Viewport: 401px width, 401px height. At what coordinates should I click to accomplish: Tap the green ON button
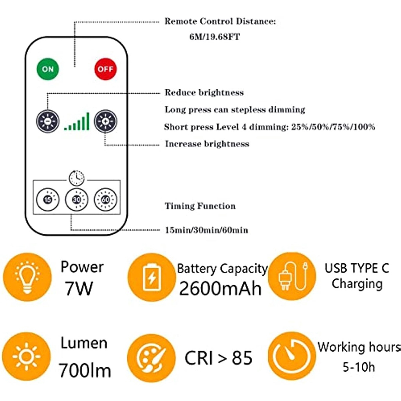point(47,69)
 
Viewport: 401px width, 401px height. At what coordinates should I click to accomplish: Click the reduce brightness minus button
point(47,121)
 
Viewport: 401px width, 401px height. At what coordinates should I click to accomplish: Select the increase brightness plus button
point(105,121)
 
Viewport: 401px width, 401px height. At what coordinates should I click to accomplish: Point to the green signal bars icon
point(77,121)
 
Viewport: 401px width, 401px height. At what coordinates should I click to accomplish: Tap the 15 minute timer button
point(47,199)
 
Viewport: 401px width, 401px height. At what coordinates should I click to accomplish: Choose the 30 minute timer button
point(76,199)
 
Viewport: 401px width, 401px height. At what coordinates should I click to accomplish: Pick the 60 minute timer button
point(105,199)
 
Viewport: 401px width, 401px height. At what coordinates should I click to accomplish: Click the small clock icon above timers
point(76,178)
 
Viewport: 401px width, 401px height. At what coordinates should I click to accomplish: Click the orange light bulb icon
point(27,277)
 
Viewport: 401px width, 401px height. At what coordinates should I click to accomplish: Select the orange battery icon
point(152,277)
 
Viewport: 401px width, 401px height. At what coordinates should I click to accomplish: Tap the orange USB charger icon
point(292,276)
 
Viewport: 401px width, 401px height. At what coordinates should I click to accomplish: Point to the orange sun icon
point(26,356)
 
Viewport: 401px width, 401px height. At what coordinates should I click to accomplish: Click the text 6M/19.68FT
point(215,37)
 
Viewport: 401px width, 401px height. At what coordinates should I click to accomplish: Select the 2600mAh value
point(220,289)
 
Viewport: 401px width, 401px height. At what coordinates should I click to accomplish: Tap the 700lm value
point(85,370)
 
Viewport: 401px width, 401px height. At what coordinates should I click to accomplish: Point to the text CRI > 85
point(219,358)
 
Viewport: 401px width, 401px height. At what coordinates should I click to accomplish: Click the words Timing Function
point(200,206)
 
